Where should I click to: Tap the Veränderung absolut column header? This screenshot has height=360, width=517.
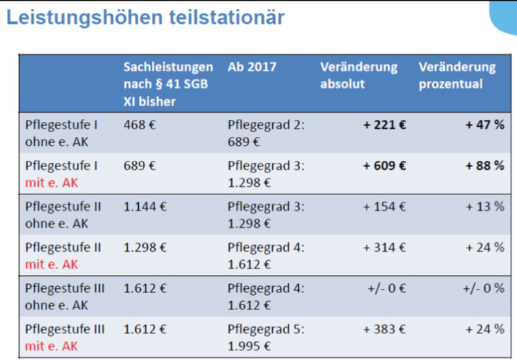pos(358,75)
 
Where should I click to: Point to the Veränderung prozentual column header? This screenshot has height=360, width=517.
pos(457,75)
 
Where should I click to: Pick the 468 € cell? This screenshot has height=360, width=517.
pos(140,125)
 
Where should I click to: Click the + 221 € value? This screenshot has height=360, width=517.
pos(385,125)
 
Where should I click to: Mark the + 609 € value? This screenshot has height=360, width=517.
pos(385,166)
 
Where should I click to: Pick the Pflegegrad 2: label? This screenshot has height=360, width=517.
pos(266,125)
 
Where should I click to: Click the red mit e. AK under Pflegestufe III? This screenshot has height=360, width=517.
pos(51,346)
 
